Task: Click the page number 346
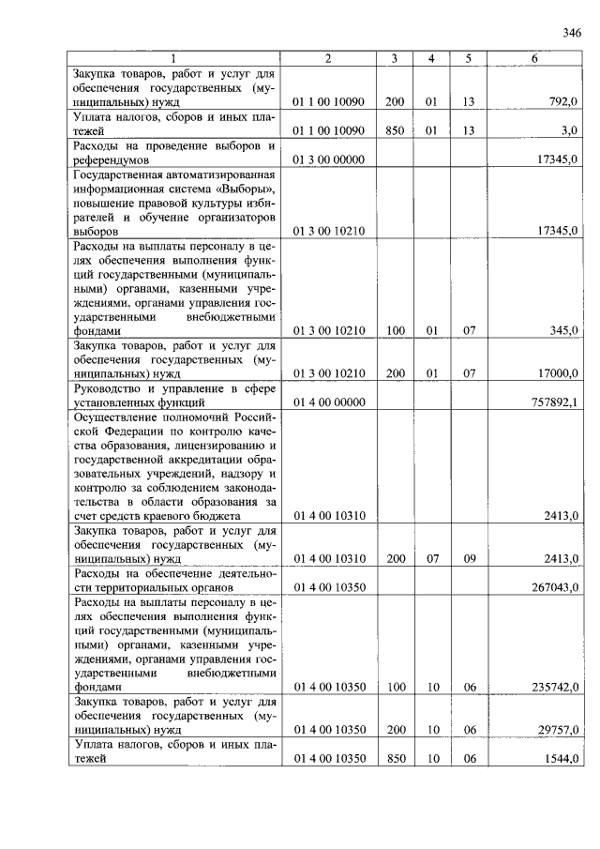[x=572, y=33]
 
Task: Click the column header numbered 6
[x=533, y=58]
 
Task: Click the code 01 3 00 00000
[x=328, y=159]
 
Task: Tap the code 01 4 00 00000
[x=328, y=402]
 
